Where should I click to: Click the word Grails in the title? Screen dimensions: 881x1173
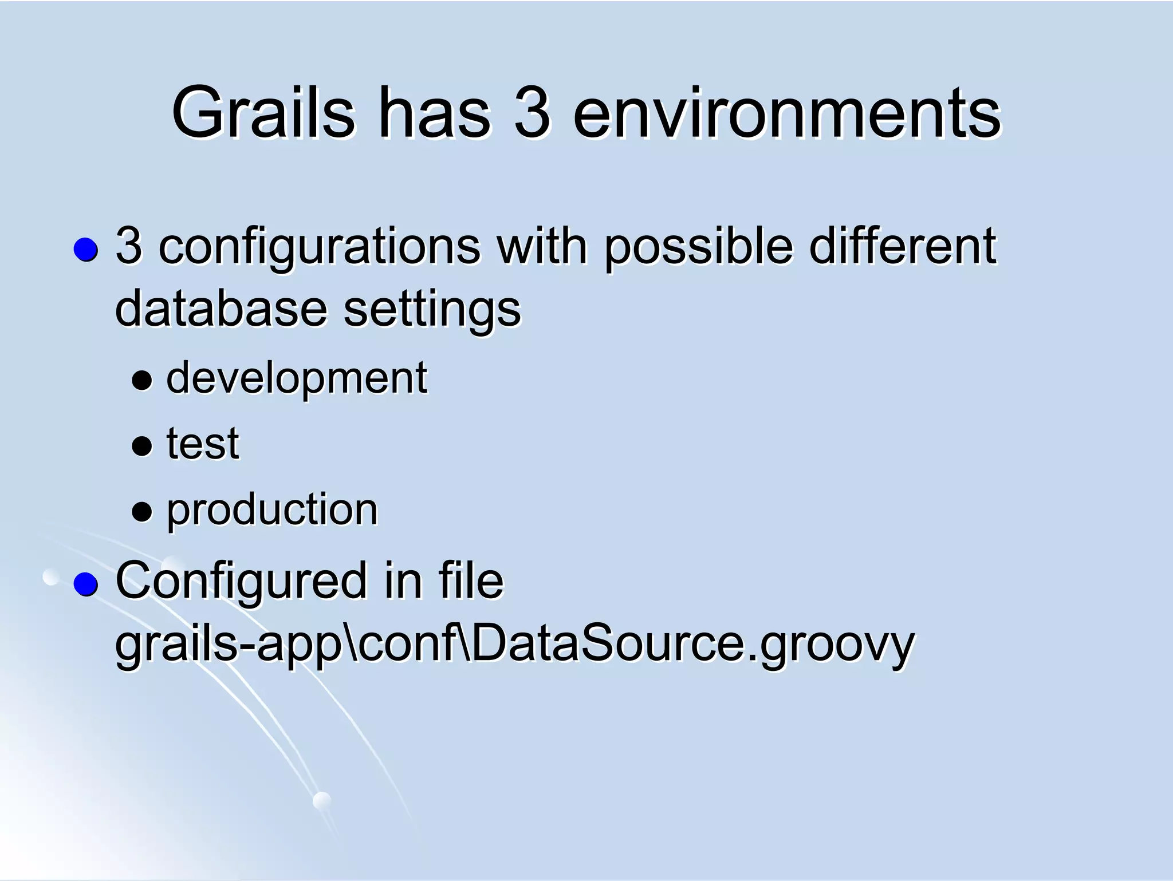pyautogui.click(x=263, y=113)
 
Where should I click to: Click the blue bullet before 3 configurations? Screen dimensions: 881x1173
pyautogui.click(x=86, y=250)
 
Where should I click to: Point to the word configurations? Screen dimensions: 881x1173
pyautogui.click(x=319, y=247)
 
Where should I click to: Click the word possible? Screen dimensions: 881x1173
pyautogui.click(x=698, y=247)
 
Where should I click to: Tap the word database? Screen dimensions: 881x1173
pyautogui.click(x=221, y=309)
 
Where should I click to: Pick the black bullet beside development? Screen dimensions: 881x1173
pyautogui.click(x=141, y=380)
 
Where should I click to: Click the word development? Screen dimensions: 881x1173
pyautogui.click(x=296, y=379)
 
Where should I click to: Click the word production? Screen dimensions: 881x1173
pyautogui.click(x=272, y=511)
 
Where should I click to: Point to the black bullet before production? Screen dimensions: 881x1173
pyautogui.click(x=141, y=511)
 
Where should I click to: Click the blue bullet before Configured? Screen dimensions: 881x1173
pyautogui.click(x=86, y=584)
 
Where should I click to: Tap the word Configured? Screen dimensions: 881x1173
pyautogui.click(x=241, y=582)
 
